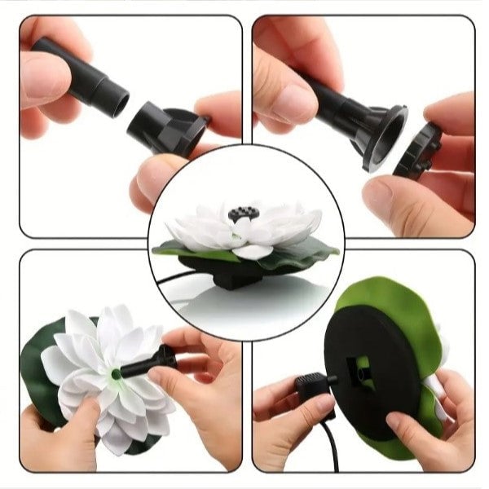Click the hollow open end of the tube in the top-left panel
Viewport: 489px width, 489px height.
click(x=121, y=102)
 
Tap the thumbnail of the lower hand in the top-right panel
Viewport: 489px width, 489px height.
click(x=377, y=196)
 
